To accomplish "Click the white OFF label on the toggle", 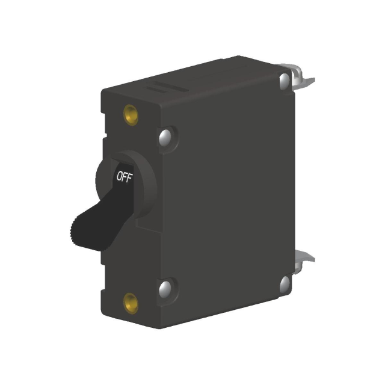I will pyautogui.click(x=125, y=177).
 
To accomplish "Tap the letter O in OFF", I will pyautogui.click(x=119, y=178).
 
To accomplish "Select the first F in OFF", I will pyautogui.click(x=125, y=177).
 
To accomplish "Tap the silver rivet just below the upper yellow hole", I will pyautogui.click(x=166, y=137).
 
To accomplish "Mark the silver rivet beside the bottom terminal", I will pyautogui.click(x=285, y=283).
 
